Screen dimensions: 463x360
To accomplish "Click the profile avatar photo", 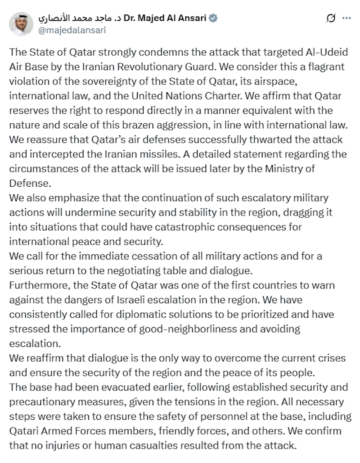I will tap(21, 24).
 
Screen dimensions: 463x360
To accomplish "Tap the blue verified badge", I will tap(214, 18).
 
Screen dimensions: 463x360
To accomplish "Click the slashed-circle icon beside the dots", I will tap(331, 18).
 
